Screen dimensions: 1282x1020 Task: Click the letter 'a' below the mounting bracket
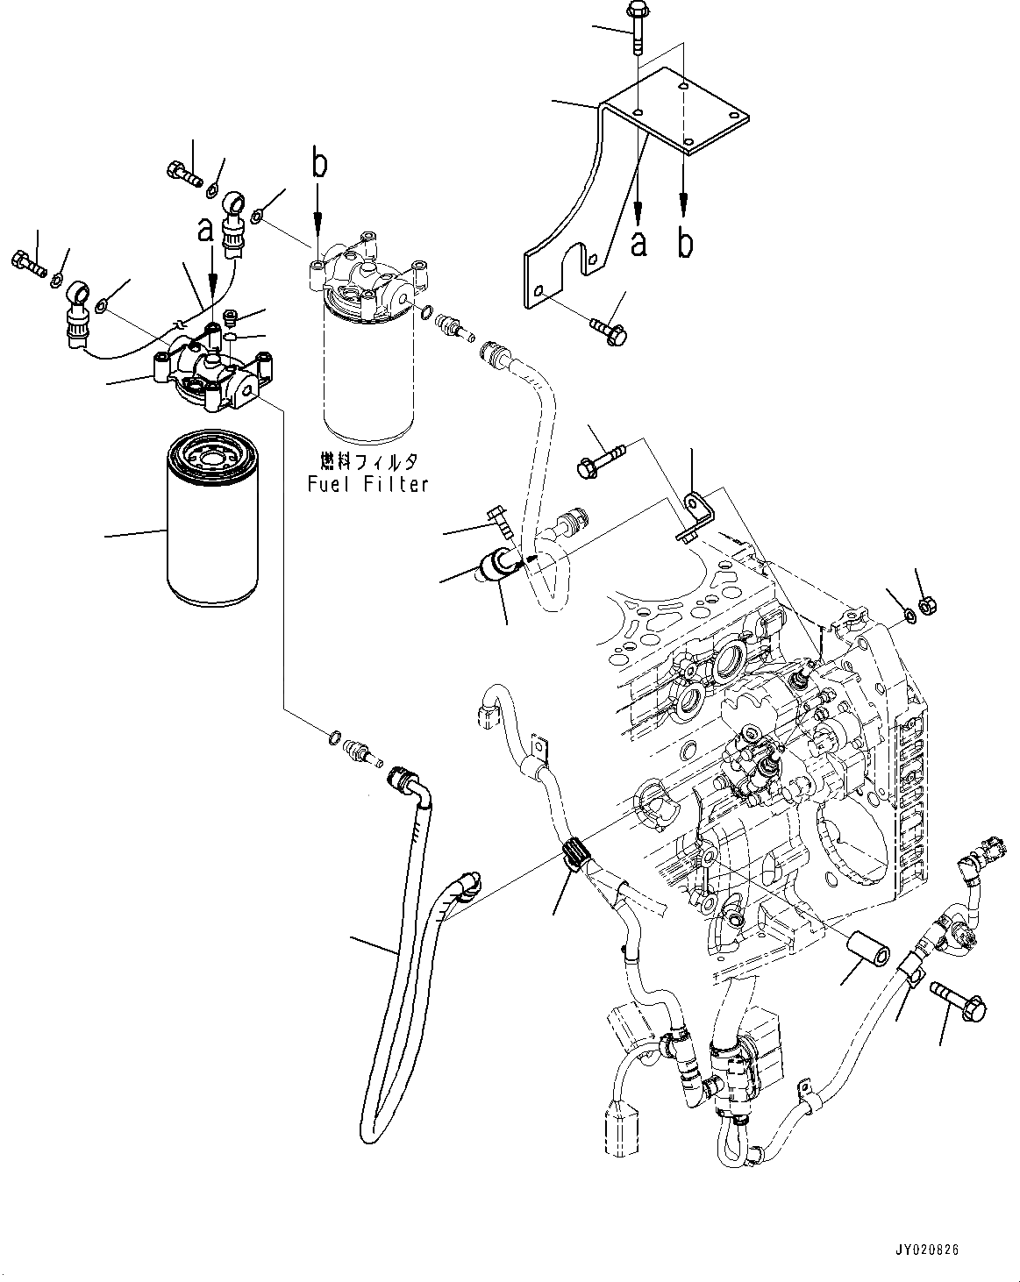(638, 243)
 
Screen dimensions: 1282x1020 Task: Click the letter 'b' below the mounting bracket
(684, 243)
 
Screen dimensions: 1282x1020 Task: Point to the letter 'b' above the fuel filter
(319, 164)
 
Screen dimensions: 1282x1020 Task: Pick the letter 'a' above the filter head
(205, 231)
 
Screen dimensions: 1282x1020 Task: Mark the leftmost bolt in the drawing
(25, 261)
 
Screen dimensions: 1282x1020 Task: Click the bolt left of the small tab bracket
(601, 459)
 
